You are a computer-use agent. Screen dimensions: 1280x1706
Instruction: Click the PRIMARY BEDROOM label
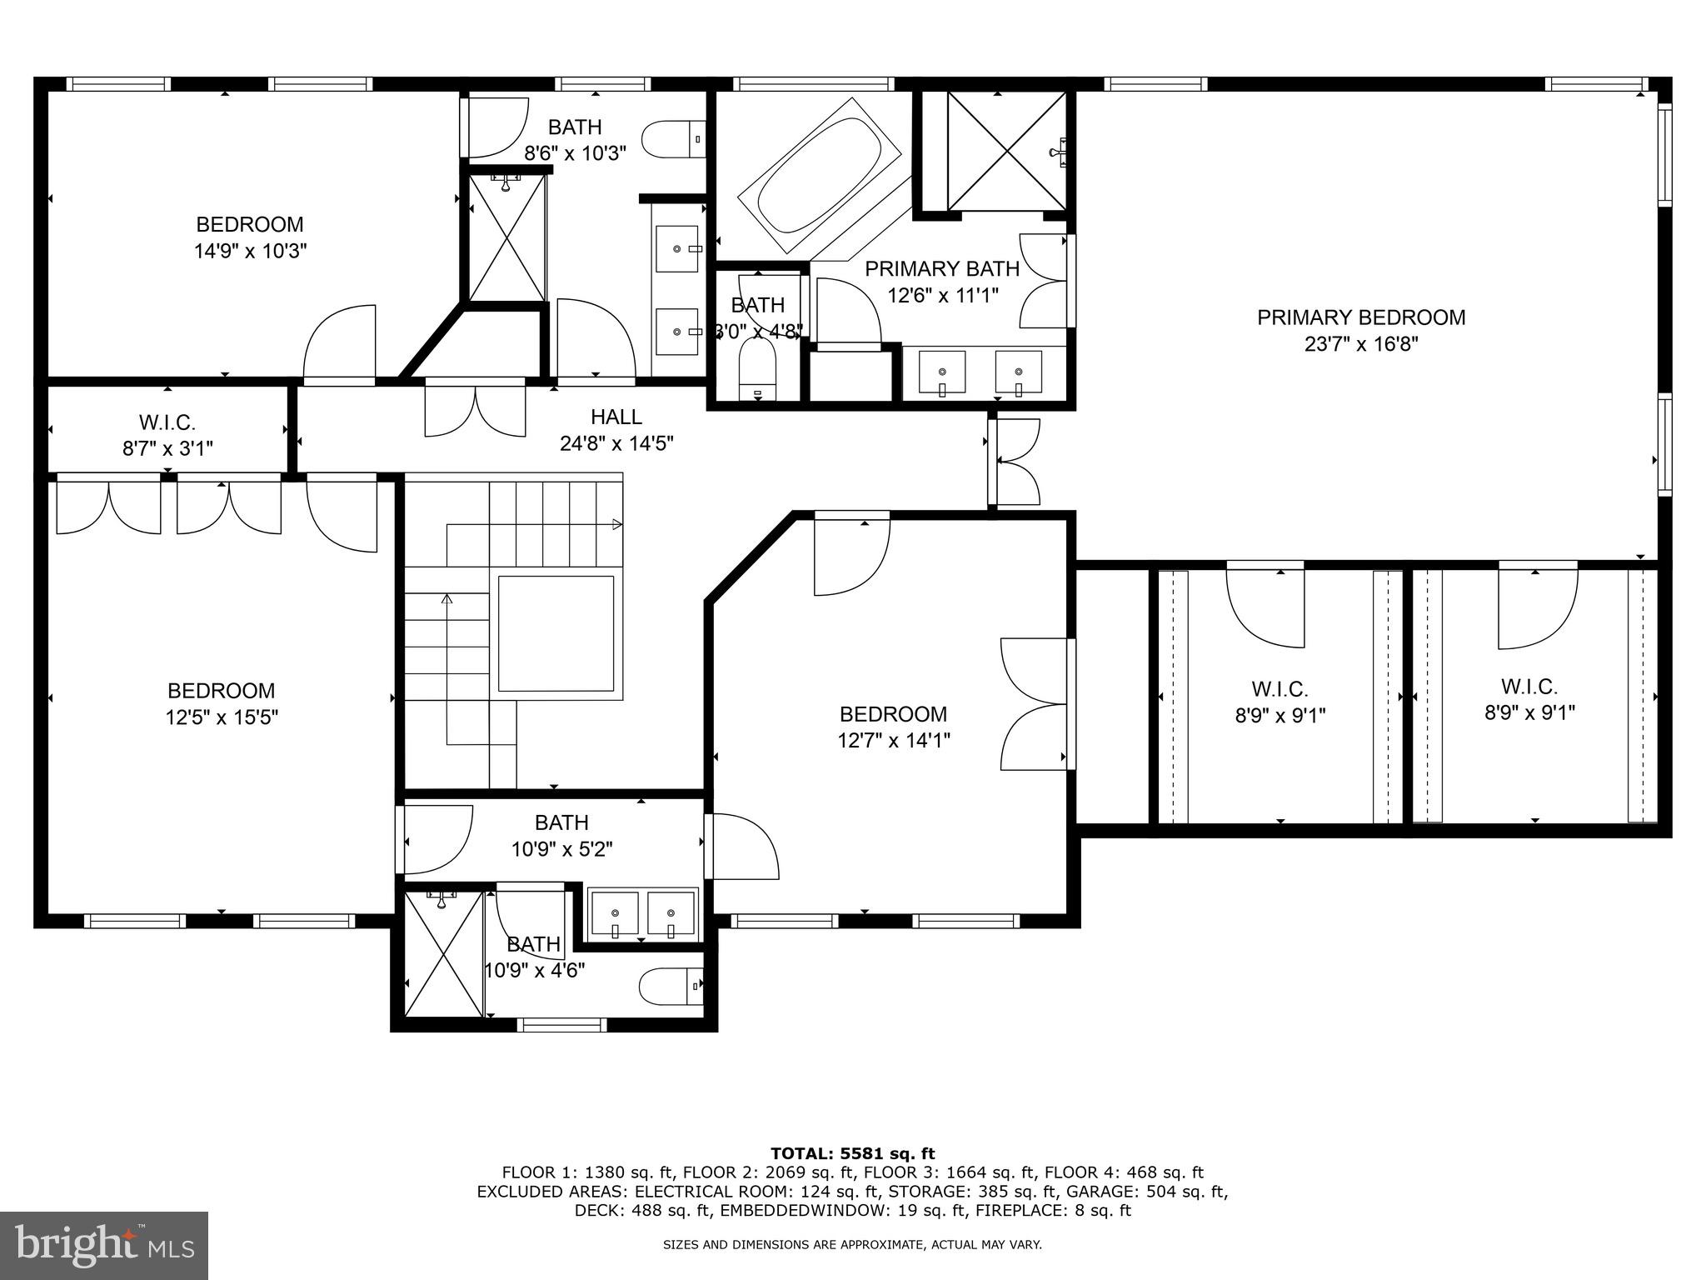1360,317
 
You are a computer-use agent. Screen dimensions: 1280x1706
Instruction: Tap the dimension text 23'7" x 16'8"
1360,344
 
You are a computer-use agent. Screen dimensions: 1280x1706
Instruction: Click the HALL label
616,417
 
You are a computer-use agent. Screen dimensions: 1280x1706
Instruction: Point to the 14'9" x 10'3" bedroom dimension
250,252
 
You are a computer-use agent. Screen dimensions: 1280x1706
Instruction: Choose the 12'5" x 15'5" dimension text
221,717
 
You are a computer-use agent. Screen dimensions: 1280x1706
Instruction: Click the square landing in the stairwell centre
555,633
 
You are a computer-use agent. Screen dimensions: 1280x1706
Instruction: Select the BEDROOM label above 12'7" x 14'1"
893,714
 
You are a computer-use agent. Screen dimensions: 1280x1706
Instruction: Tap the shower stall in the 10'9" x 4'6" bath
443,954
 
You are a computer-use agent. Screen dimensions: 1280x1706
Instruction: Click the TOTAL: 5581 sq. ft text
852,1153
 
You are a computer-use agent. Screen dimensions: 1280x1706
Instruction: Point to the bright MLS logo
104,1245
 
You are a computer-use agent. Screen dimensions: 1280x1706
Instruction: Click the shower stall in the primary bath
1006,151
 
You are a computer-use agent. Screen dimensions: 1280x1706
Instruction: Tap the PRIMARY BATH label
941,269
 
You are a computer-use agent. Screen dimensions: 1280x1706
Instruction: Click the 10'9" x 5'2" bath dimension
561,849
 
